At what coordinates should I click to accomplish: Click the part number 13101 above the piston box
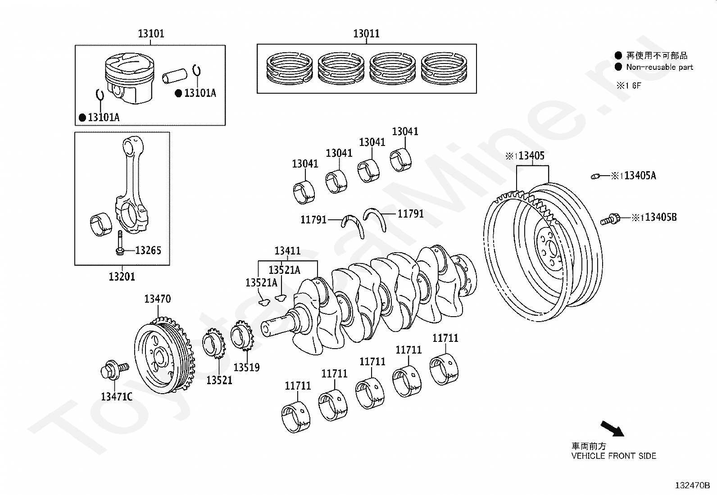tap(151, 34)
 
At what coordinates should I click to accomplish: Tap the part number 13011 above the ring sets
tap(366, 34)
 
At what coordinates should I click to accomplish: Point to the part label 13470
tap(157, 299)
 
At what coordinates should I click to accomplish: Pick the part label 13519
tap(246, 368)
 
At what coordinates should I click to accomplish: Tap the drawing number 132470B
tap(692, 486)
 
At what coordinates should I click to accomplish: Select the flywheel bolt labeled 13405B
tap(610, 220)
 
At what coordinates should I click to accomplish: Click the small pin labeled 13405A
tap(596, 176)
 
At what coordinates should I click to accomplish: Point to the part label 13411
tap(287, 251)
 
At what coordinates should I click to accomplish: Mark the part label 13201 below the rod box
tap(122, 277)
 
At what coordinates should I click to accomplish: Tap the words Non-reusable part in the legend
tap(659, 67)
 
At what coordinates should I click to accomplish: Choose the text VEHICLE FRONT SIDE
tap(613, 456)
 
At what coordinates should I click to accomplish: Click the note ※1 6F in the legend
tap(628, 86)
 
